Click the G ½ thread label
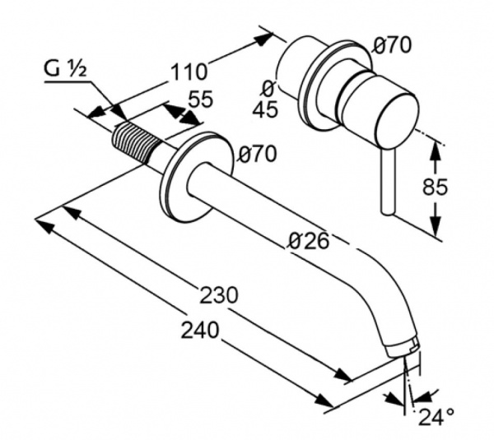click(65, 70)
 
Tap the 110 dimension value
click(189, 72)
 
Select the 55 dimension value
click(201, 100)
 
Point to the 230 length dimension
click(219, 295)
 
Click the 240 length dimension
click(200, 330)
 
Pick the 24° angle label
click(436, 417)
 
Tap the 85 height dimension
click(435, 187)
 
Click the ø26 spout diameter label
click(309, 242)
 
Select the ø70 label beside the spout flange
click(258, 154)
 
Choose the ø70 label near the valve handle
click(392, 45)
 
